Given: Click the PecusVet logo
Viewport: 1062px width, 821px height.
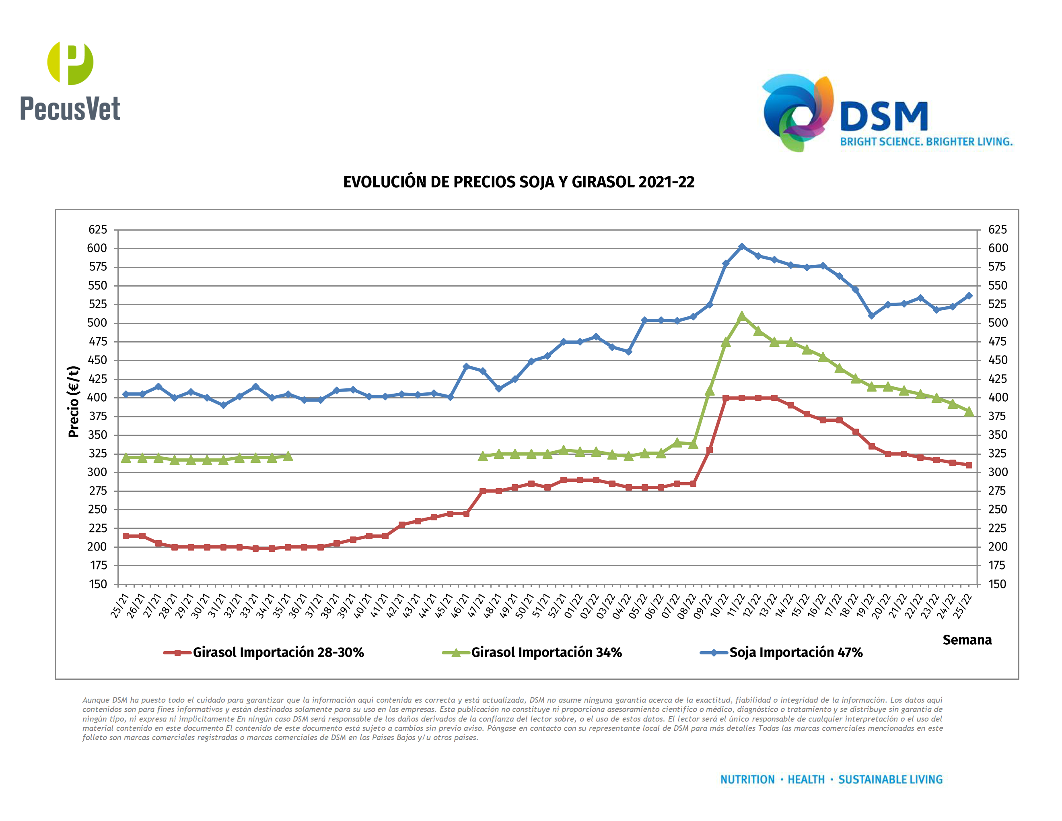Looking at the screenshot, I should tap(70, 81).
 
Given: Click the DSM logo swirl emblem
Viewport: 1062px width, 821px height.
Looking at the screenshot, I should tap(797, 113).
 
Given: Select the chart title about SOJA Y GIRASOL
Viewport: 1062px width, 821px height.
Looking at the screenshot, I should tap(519, 182).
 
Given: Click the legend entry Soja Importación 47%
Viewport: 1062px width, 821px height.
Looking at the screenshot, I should tap(796, 652).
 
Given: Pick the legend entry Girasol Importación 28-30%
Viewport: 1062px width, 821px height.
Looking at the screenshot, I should tap(278, 652).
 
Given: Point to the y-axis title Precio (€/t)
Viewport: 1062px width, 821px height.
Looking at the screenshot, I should tap(74, 401).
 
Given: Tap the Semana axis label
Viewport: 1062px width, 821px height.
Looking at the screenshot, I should tap(967, 639).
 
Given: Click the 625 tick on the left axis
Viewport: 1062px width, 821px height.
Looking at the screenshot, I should tap(98, 229).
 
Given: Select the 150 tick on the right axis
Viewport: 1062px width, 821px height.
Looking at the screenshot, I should tap(997, 584).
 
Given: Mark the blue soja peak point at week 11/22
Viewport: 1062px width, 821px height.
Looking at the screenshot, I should tap(741, 247).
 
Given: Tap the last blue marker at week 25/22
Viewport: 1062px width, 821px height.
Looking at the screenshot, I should tap(969, 296).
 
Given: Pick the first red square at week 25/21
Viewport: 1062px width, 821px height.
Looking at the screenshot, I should tap(126, 536).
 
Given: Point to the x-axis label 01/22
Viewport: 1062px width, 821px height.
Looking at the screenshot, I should tap(573, 606).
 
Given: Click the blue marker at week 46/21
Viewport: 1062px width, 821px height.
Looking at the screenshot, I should tap(466, 367).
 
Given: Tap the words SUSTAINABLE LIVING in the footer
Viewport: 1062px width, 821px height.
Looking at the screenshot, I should tap(890, 780).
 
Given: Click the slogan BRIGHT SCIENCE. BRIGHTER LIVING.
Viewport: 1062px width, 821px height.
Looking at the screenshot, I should tap(926, 142).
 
